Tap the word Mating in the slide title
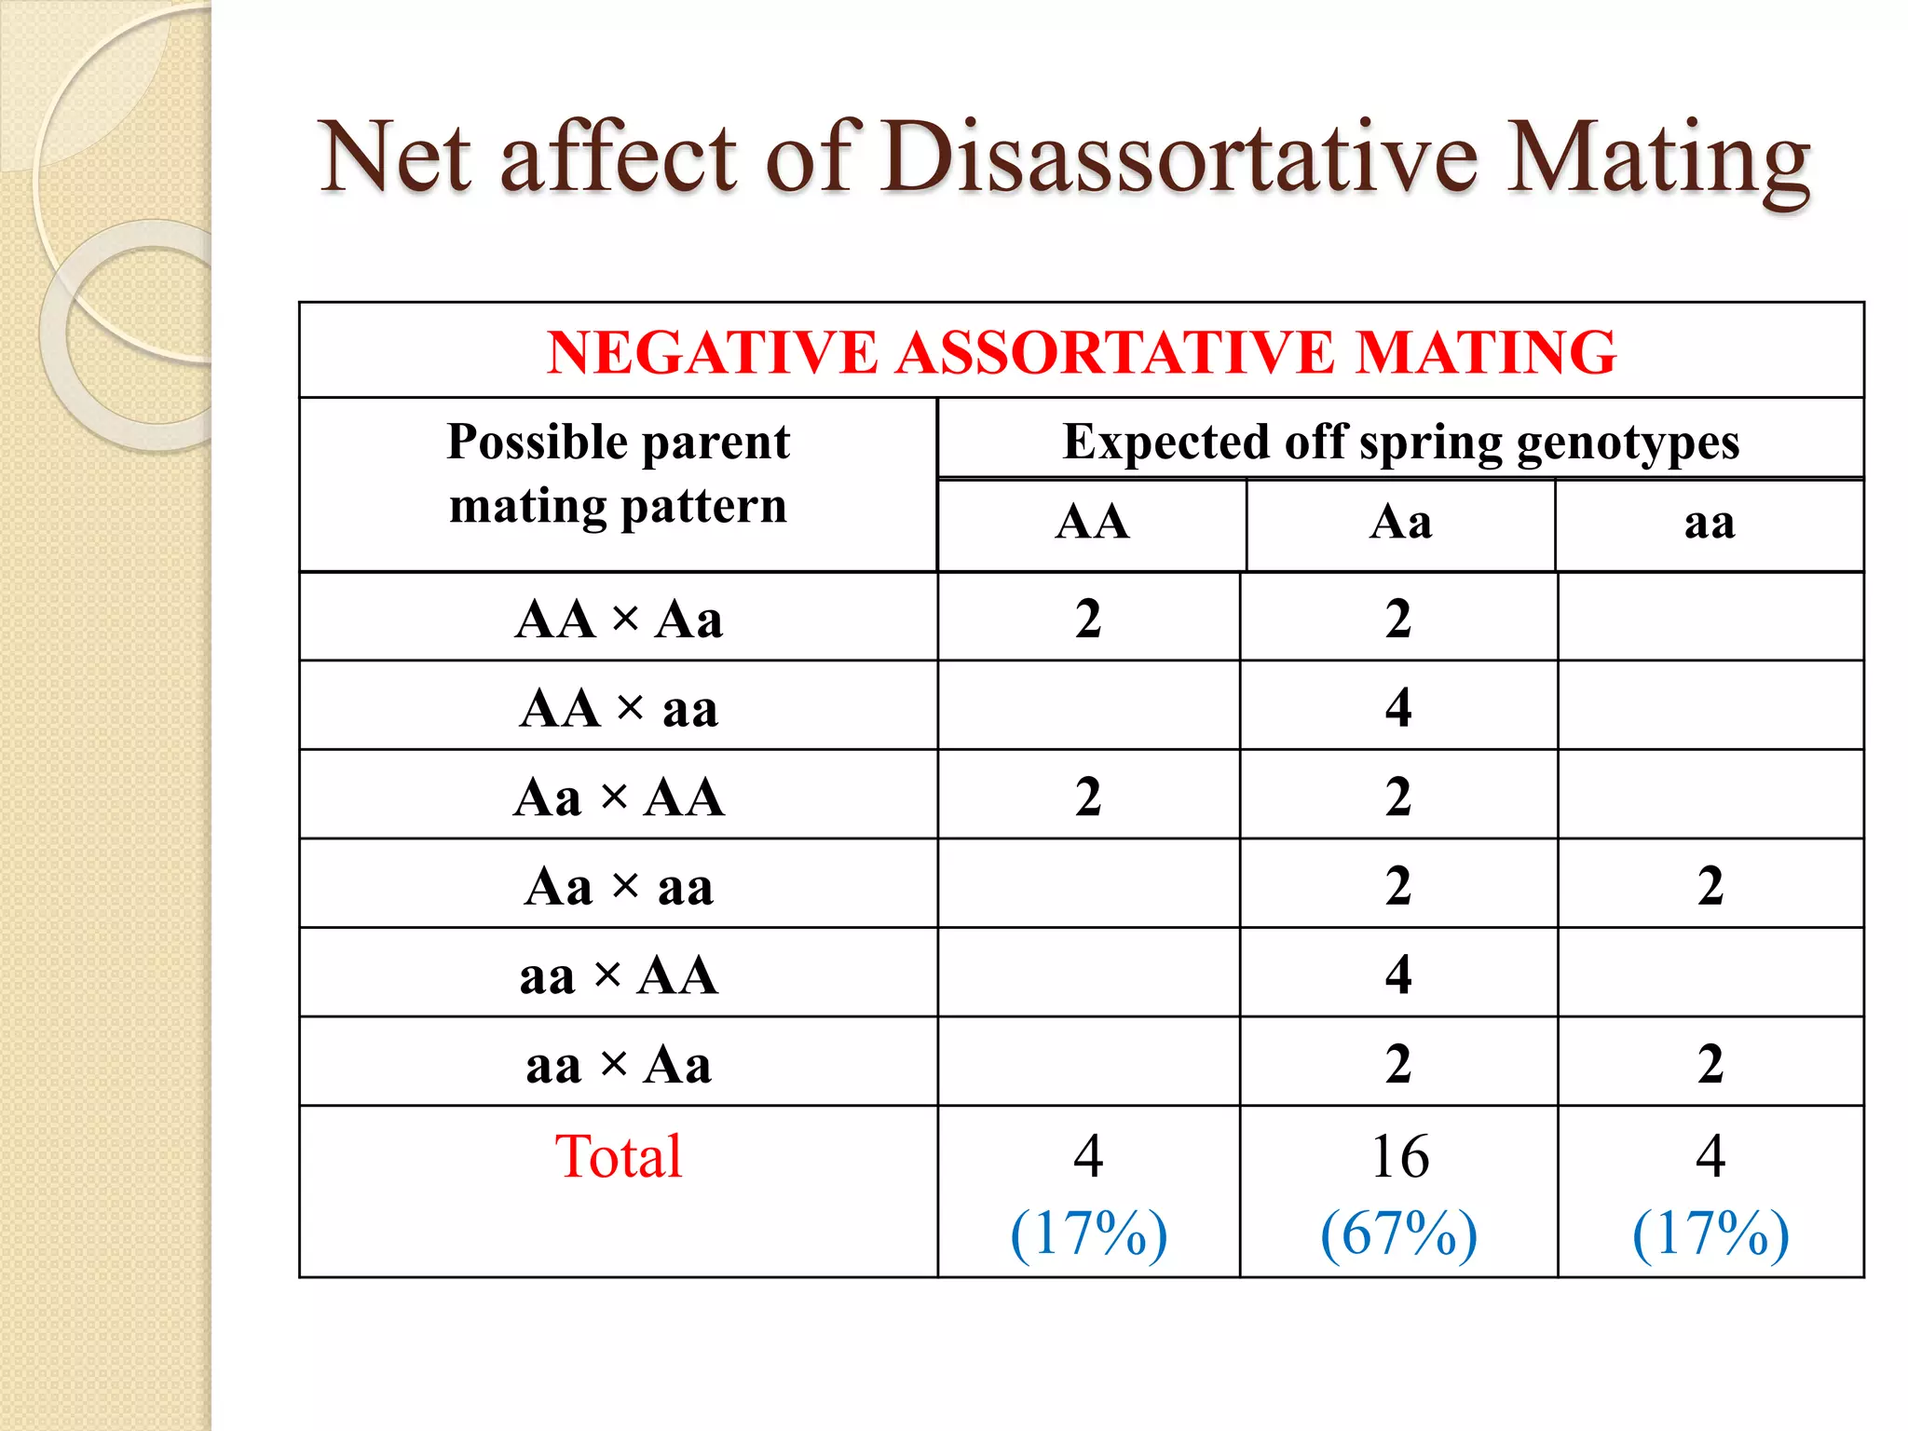coord(1658,160)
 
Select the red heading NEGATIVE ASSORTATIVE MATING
coord(1081,352)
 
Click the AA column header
coord(1092,522)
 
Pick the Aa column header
coord(1400,522)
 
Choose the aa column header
coord(1710,523)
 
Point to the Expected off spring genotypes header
coord(1400,442)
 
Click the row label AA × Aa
coord(619,620)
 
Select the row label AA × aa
coord(619,709)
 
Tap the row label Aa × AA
coord(619,797)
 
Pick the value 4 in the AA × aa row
coord(1398,707)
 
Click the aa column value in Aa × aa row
coord(1710,885)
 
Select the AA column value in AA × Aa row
coord(1088,619)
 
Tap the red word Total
coord(619,1156)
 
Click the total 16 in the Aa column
coord(1399,1156)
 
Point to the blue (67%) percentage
coord(1399,1233)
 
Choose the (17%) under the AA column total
coord(1088,1233)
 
